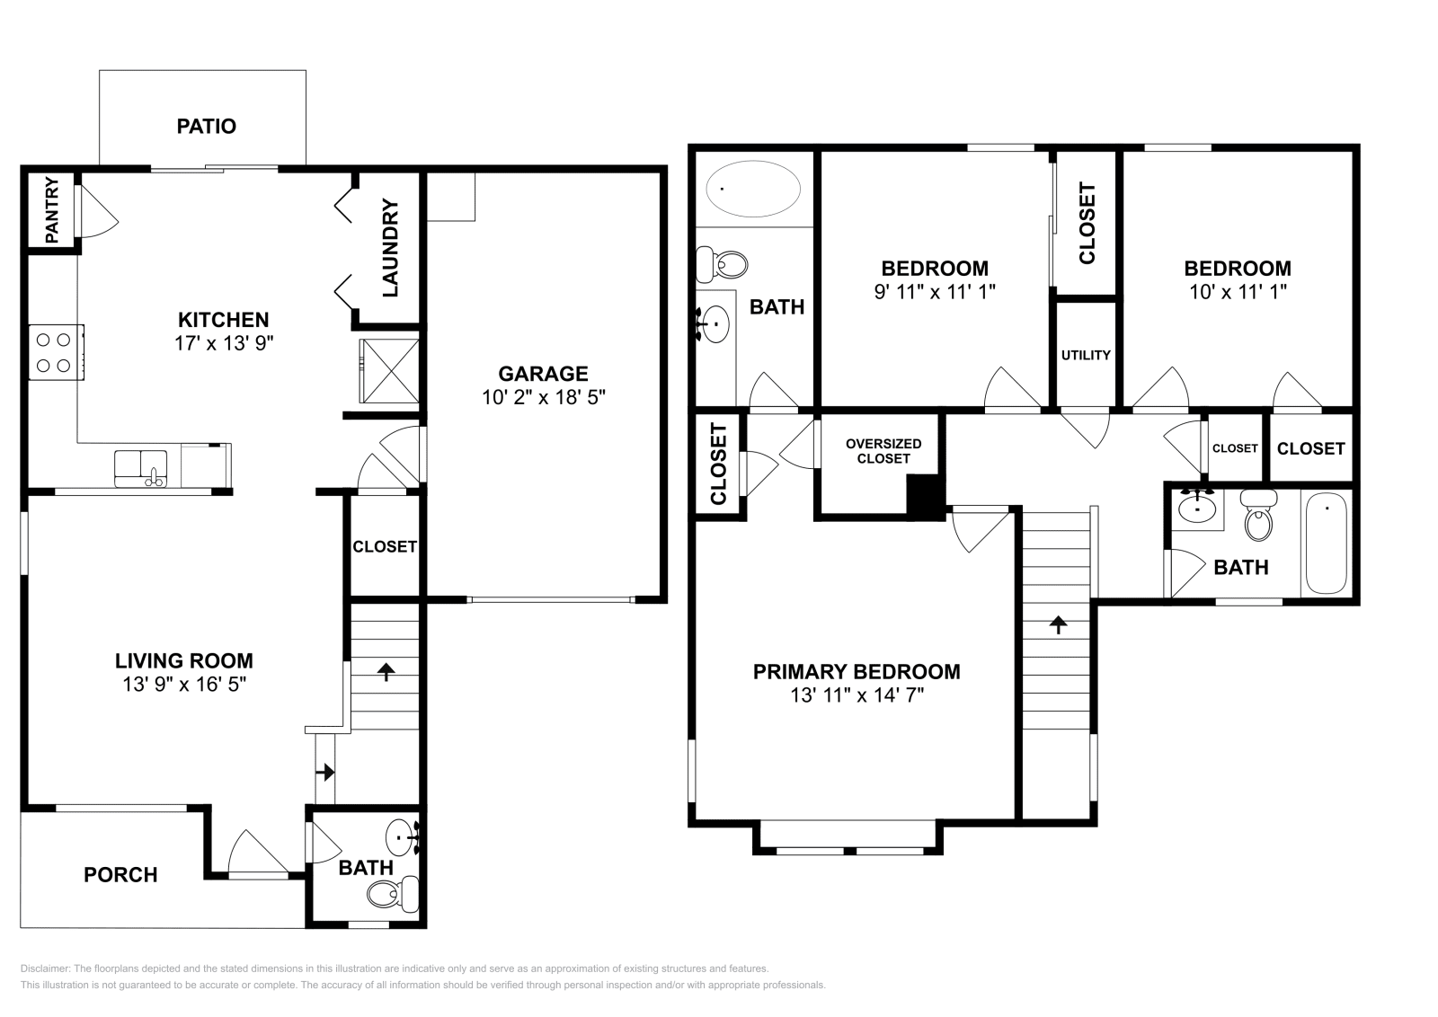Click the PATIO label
click(206, 126)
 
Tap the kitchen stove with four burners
click(56, 352)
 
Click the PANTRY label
click(51, 210)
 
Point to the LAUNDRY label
click(390, 249)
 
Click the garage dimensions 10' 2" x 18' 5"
click(543, 397)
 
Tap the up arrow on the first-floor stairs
click(386, 670)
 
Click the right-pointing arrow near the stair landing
click(325, 772)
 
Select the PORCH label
click(120, 874)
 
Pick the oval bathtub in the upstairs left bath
click(753, 190)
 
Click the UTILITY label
click(1086, 355)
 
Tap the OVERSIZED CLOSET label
click(883, 451)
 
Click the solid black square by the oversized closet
click(926, 496)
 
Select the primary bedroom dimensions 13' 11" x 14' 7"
click(857, 694)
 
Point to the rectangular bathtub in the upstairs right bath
click(1327, 543)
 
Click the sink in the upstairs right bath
click(1196, 508)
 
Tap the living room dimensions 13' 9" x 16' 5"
click(184, 684)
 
